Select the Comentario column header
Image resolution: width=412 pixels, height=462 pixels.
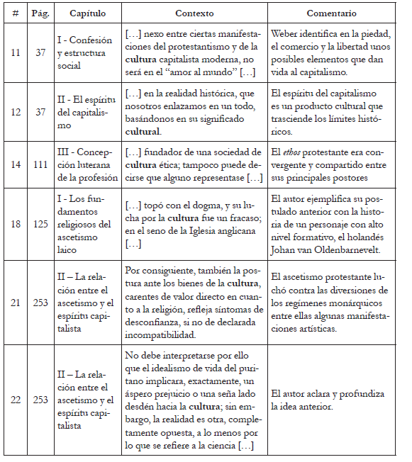[x=331, y=13]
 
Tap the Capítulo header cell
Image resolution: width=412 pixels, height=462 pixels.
[x=88, y=13]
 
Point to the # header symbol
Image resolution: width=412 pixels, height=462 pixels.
[x=15, y=13]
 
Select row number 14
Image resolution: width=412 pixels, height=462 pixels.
[x=15, y=164]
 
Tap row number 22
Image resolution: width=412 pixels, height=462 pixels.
[x=15, y=400]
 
